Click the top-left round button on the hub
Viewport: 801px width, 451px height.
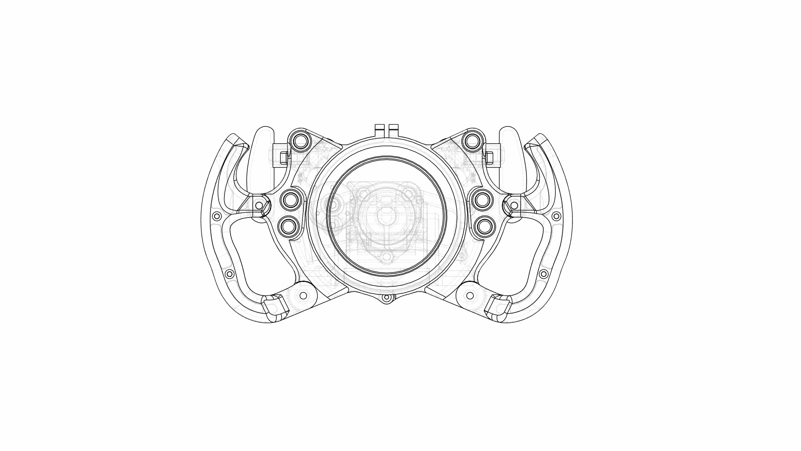(300, 140)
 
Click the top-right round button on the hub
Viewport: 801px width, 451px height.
(473, 140)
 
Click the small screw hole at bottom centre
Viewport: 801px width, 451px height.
(387, 298)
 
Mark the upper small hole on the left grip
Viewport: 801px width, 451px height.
(217, 216)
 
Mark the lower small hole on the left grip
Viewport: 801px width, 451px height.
(229, 274)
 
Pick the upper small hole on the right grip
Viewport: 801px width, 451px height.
(556, 216)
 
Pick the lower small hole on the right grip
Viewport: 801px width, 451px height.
(543, 274)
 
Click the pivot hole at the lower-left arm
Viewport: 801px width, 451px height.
(303, 296)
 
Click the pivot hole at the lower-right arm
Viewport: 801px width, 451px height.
(470, 296)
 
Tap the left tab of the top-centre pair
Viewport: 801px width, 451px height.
(380, 129)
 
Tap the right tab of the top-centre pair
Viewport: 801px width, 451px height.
(393, 129)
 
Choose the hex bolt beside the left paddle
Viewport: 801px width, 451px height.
(284, 157)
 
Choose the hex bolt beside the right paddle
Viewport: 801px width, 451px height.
(489, 157)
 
